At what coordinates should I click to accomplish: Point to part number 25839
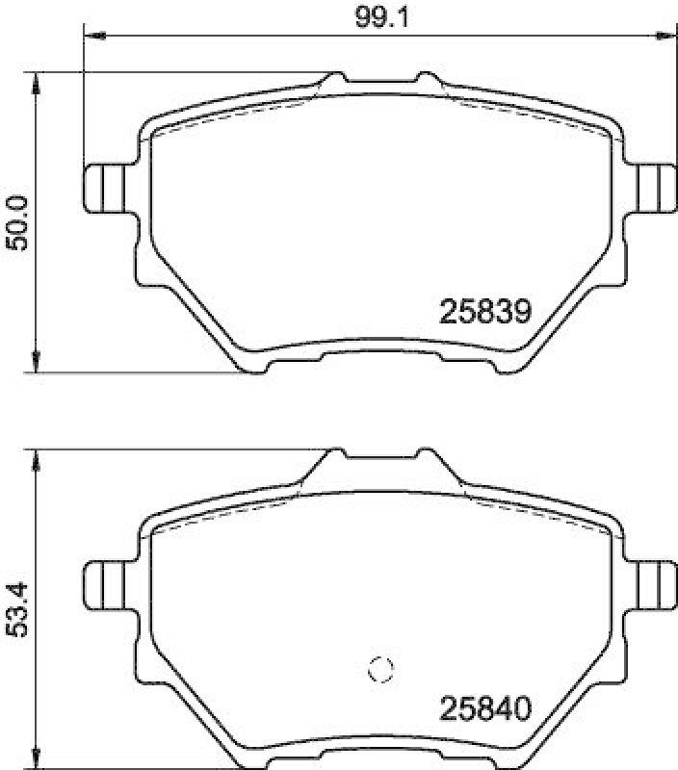pyautogui.click(x=485, y=312)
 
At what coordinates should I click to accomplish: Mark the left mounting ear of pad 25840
pyautogui.click(x=105, y=582)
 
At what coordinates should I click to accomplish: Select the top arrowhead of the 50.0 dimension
pyautogui.click(x=37, y=82)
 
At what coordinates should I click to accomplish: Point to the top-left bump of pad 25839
pyautogui.click(x=334, y=76)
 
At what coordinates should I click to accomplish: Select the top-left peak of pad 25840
pyautogui.click(x=334, y=453)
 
